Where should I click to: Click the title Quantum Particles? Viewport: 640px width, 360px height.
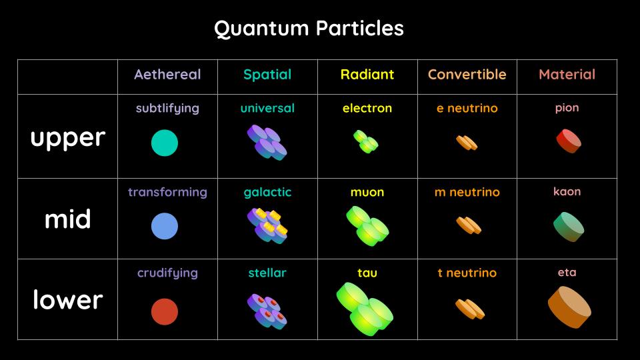[x=309, y=29]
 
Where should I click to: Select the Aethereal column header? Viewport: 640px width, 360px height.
[x=167, y=75]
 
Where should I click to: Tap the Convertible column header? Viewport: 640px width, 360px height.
[x=467, y=75]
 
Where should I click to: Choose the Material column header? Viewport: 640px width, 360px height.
[x=567, y=75]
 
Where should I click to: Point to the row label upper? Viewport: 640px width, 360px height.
[x=67, y=137]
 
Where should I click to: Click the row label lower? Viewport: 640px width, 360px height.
[x=67, y=300]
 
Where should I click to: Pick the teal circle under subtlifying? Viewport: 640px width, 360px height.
[x=165, y=143]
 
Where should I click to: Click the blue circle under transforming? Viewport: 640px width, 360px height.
[x=165, y=227]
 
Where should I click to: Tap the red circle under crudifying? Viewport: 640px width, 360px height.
[x=165, y=312]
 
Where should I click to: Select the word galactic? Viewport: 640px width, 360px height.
[x=267, y=192]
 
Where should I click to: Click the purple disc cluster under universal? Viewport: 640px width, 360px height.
[x=267, y=142]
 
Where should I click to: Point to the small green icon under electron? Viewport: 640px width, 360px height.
[x=366, y=141]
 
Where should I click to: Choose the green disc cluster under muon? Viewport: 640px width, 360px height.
[x=367, y=225]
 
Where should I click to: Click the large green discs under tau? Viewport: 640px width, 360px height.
[x=365, y=309]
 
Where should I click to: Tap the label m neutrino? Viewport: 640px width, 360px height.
[x=467, y=192]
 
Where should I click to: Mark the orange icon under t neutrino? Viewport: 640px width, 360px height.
[x=469, y=308]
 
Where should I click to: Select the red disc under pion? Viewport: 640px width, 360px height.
[x=568, y=141]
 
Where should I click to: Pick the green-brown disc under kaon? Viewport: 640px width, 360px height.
[x=568, y=227]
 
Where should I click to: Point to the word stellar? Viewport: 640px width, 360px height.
[x=267, y=273]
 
